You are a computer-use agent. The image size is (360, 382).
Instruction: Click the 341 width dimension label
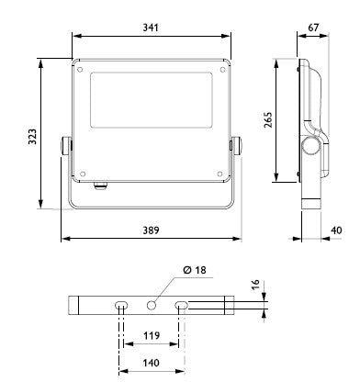(x=151, y=28)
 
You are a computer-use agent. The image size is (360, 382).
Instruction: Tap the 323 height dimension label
(x=32, y=137)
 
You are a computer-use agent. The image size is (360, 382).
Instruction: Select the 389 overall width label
(x=151, y=230)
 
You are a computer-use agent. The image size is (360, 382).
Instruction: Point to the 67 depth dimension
(x=313, y=28)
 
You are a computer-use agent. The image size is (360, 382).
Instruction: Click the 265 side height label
(x=268, y=120)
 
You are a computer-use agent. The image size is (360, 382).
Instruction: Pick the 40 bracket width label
(x=336, y=230)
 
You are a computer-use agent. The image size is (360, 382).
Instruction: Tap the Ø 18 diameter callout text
(x=195, y=270)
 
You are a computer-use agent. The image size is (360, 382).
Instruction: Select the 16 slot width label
(x=255, y=285)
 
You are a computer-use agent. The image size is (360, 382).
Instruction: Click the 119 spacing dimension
(x=152, y=336)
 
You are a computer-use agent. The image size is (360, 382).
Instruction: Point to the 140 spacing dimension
(x=151, y=363)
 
